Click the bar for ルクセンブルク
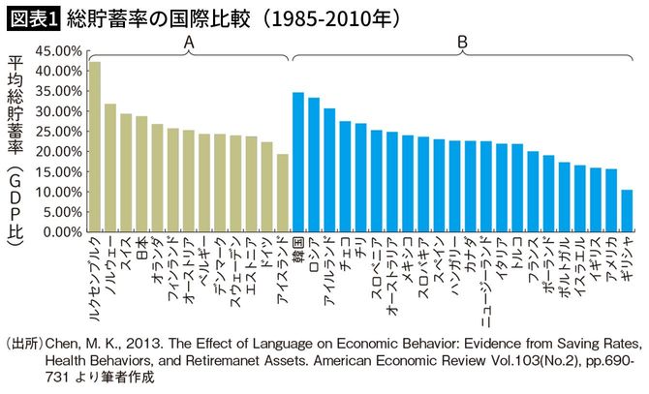95,146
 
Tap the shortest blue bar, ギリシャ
627,210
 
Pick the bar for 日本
141,174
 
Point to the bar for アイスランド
283,193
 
